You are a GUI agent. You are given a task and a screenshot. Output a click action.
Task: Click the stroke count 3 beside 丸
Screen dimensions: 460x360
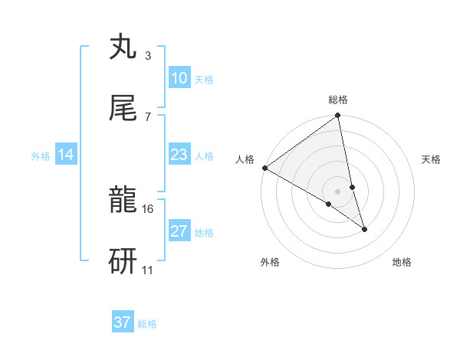[x=147, y=56]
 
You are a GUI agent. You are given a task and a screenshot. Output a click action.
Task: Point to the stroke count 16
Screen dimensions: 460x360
[x=148, y=208]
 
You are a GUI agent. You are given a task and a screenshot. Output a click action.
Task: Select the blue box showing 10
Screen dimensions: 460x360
[x=179, y=78]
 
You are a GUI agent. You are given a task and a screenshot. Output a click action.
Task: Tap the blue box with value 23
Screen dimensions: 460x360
[x=179, y=155]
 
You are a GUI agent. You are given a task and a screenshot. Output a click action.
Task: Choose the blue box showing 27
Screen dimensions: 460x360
[x=179, y=231]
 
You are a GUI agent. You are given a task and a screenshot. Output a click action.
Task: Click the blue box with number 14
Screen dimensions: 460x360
[x=66, y=155]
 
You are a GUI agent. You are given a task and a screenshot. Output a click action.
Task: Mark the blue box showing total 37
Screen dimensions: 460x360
[x=123, y=322]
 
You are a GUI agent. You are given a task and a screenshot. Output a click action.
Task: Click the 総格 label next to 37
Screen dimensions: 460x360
[x=147, y=324]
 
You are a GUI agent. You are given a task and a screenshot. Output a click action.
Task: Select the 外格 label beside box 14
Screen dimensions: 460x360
[x=41, y=156]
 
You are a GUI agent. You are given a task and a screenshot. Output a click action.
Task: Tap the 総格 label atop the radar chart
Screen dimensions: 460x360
[x=338, y=100]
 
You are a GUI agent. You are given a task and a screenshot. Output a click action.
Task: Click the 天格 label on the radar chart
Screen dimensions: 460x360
[x=432, y=159]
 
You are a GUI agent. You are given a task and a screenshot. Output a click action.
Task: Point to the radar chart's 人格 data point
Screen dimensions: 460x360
[x=264, y=168]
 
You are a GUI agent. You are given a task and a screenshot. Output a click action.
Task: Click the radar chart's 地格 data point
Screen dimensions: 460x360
[x=364, y=229]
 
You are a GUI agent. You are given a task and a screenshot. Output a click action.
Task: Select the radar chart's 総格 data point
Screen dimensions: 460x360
[x=338, y=116]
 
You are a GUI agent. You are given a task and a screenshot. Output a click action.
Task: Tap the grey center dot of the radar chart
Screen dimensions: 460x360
[x=338, y=191]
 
